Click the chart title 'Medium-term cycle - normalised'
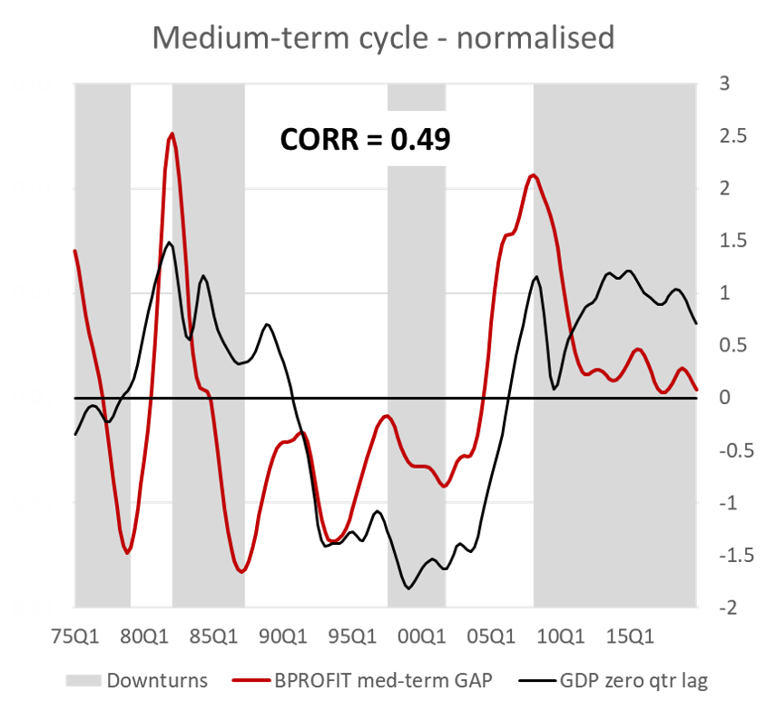click(x=383, y=38)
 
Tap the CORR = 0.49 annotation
click(x=365, y=139)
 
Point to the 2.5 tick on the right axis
click(x=733, y=136)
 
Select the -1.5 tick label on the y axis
click(x=736, y=555)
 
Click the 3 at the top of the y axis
click(x=724, y=84)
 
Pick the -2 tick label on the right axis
click(x=728, y=607)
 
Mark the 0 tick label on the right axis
click(x=725, y=398)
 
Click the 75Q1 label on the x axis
click(x=75, y=637)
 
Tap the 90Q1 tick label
click(x=283, y=637)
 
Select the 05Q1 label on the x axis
click(x=491, y=637)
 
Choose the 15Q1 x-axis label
click(x=630, y=637)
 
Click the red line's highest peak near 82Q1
click(x=172, y=133)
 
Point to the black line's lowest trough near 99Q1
click(x=408, y=588)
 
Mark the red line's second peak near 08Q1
click(x=533, y=175)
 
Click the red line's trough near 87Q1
click(x=241, y=572)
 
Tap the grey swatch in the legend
click(x=83, y=680)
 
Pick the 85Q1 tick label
click(x=214, y=637)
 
